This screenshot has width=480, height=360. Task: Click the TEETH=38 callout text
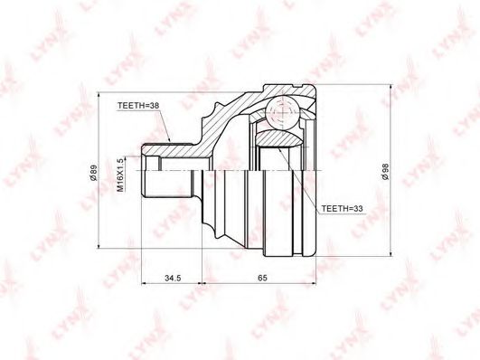click(x=138, y=106)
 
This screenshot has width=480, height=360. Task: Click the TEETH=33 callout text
click(x=342, y=209)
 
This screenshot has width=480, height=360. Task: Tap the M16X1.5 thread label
click(x=120, y=175)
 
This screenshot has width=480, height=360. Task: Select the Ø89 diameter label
click(x=94, y=173)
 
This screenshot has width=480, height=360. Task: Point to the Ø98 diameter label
click(x=385, y=172)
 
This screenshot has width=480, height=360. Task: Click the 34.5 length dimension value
click(x=173, y=278)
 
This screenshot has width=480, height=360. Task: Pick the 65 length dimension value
click(x=263, y=278)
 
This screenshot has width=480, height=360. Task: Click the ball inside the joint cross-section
click(x=282, y=113)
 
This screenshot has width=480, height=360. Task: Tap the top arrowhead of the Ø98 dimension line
click(x=391, y=88)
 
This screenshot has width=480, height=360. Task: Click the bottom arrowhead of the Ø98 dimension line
click(x=391, y=252)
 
